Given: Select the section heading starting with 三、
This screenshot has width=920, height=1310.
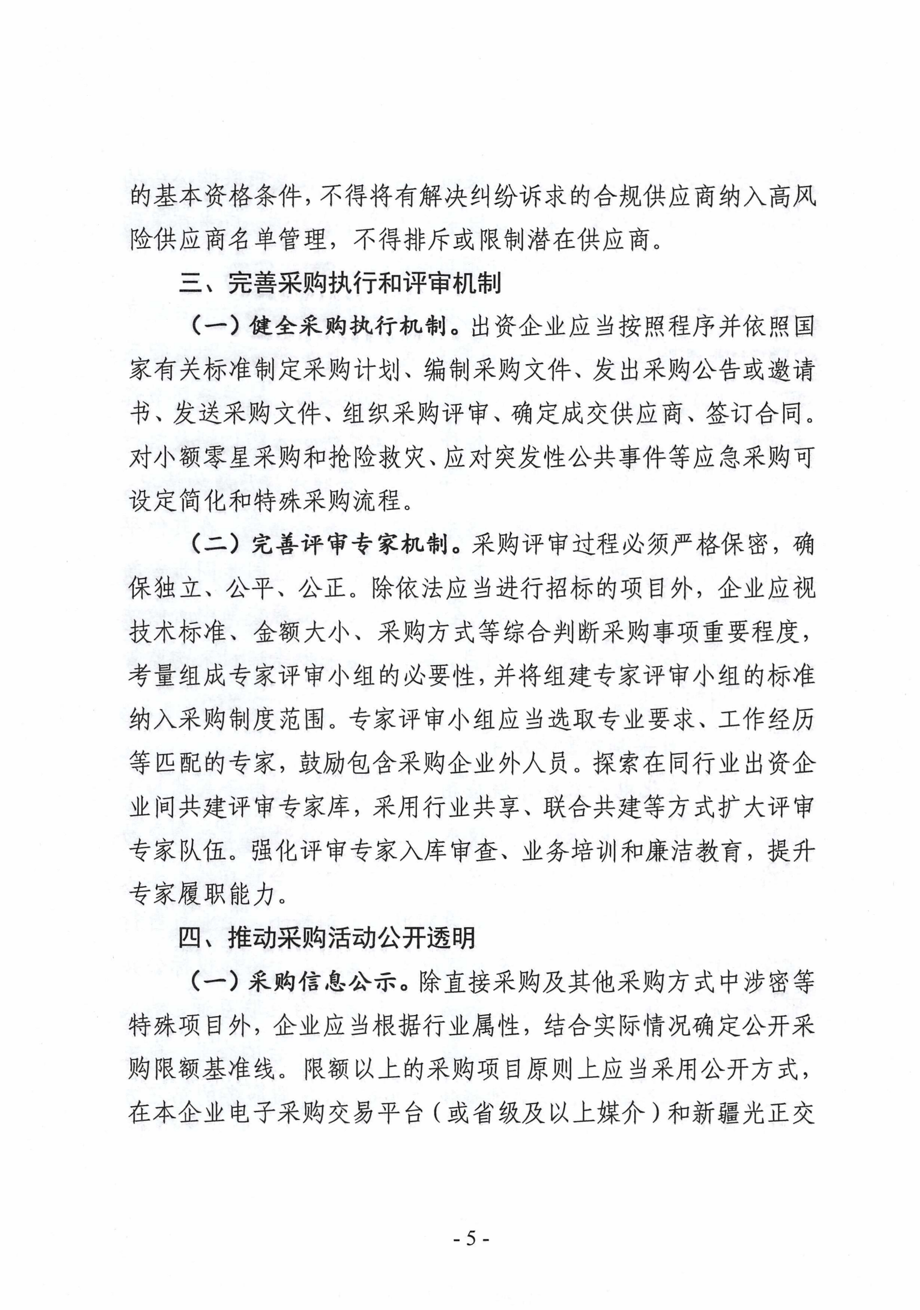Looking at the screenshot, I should [340, 284].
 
